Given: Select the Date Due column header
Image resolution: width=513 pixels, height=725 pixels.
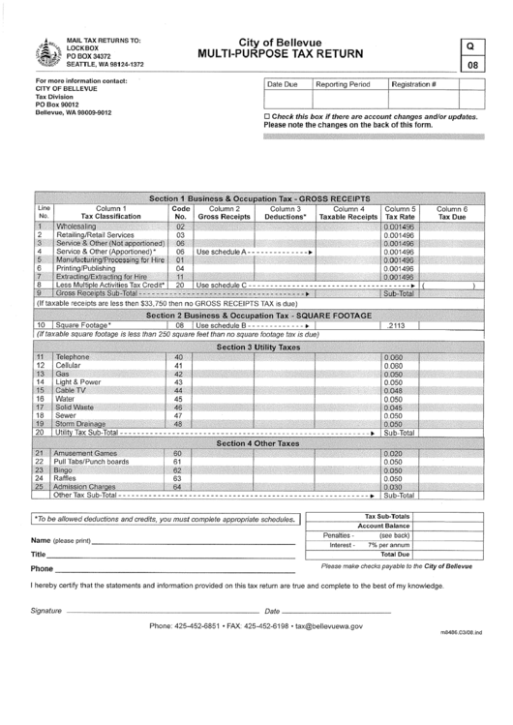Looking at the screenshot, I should pyautogui.click(x=283, y=85).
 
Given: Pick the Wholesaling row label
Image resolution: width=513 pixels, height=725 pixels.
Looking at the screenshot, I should pyautogui.click(x=83, y=226).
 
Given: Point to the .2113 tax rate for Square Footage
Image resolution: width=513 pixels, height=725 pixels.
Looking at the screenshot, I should pyautogui.click(x=395, y=325).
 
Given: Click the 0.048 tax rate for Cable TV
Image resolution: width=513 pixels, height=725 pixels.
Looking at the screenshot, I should pyautogui.click(x=393, y=390).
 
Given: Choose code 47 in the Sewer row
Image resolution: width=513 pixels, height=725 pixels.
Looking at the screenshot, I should pyautogui.click(x=179, y=415).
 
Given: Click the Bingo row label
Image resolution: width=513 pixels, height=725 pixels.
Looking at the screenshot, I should pyautogui.click(x=65, y=470).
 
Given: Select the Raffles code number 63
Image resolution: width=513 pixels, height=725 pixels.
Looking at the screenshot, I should pyautogui.click(x=179, y=478).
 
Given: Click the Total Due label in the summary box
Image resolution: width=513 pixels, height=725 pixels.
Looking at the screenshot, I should pyautogui.click(x=395, y=555).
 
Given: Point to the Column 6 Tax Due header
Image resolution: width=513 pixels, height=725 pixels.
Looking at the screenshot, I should pyautogui.click(x=452, y=213).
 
